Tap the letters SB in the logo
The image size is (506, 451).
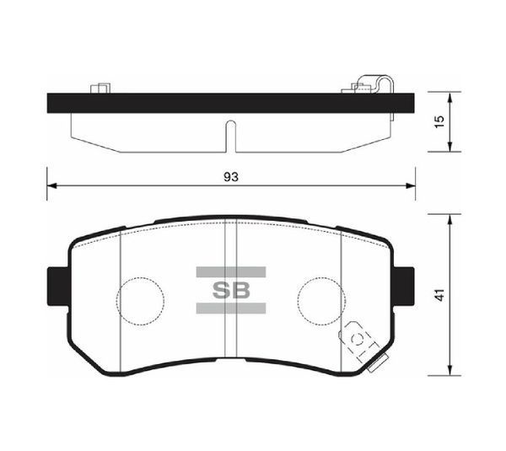tap(230, 291)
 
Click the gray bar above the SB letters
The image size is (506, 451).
tap(230, 271)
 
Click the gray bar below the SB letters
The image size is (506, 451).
tap(230, 309)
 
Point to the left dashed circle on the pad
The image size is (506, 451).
tap(139, 298)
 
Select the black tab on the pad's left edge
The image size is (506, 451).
tap(56, 287)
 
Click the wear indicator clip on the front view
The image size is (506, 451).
tap(361, 341)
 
